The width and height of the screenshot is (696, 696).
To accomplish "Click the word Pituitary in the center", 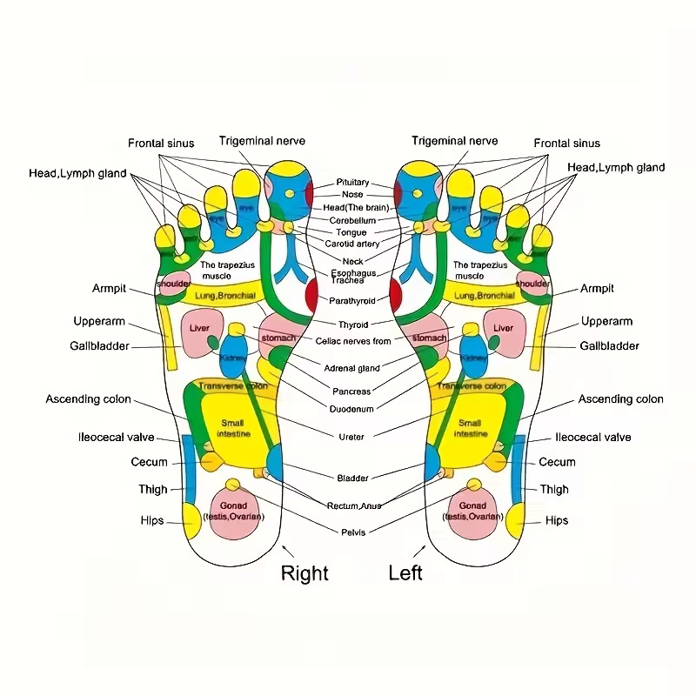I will click(352, 183).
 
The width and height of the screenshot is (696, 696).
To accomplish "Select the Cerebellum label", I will click(352, 221).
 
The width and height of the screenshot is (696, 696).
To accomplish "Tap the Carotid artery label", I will click(352, 244).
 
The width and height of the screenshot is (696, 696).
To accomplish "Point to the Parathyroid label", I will click(352, 300).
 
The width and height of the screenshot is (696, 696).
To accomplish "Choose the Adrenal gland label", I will click(352, 368).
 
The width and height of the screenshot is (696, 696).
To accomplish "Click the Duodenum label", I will click(352, 408).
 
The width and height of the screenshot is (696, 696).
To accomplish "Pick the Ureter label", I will click(352, 436).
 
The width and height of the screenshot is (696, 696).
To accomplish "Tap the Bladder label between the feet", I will click(352, 478).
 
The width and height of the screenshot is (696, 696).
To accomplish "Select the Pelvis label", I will click(352, 532).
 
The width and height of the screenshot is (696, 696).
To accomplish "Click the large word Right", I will click(304, 573).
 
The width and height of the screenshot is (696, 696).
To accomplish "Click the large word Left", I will click(405, 573).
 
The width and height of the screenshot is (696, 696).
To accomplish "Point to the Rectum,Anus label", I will click(353, 505).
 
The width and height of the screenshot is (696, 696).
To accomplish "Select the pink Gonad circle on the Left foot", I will click(472, 512).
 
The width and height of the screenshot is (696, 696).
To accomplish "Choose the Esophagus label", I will click(352, 272).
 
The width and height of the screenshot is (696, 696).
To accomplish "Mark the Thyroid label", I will click(352, 325).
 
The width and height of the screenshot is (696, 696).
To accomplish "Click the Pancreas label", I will click(352, 391).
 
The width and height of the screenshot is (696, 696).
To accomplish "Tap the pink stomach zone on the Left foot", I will click(429, 338).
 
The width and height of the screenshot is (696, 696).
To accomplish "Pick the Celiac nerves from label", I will click(352, 341).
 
